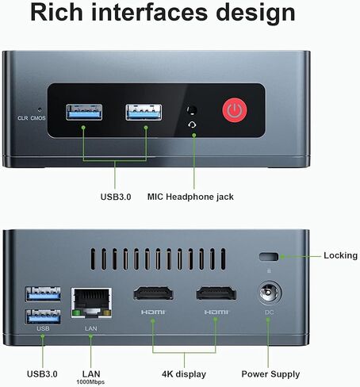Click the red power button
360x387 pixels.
click(235, 110)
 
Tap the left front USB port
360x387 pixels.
click(84, 112)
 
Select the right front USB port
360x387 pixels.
click(144, 112)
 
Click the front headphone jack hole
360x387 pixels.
click(192, 110)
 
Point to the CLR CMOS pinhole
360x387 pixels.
click(40, 109)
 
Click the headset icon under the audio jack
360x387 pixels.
click(192, 125)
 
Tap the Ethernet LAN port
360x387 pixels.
click(91, 303)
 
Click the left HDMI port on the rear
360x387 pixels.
click(153, 293)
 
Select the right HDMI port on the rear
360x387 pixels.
click(216, 293)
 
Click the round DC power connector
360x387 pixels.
click(270, 293)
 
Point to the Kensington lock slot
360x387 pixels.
click(269, 257)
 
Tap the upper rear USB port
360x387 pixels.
click(43, 293)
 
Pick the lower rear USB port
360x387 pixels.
click(43, 316)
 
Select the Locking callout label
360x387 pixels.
click(340, 255)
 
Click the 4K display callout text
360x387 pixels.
click(184, 374)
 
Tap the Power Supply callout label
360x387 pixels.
click(270, 374)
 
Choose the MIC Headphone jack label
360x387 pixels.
click(190, 197)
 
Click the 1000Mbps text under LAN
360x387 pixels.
click(90, 382)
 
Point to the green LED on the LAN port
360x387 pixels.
click(76, 313)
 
